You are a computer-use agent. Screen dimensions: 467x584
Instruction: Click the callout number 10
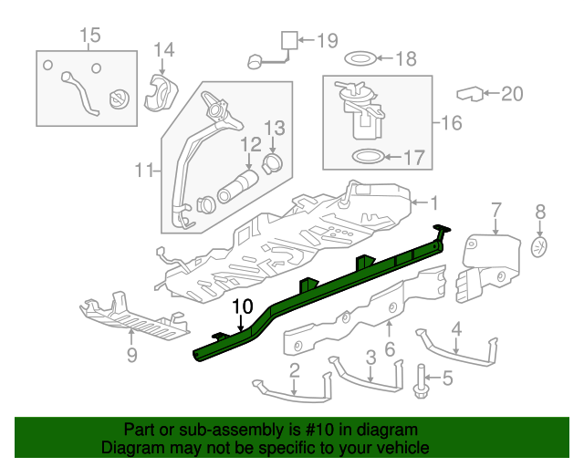pyautogui.click(x=241, y=307)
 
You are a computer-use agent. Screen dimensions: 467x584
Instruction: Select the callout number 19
pyautogui.click(x=328, y=40)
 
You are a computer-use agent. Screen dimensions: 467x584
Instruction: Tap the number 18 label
pyautogui.click(x=405, y=60)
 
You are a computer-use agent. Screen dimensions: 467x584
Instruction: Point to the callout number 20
pyautogui.click(x=513, y=93)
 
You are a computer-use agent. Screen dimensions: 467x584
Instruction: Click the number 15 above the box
pyautogui.click(x=89, y=36)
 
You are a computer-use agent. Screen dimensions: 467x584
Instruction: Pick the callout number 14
pyautogui.click(x=162, y=50)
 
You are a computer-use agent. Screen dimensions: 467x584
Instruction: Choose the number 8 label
pyautogui.click(x=540, y=212)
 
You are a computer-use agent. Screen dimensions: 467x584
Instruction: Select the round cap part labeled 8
pyautogui.click(x=540, y=246)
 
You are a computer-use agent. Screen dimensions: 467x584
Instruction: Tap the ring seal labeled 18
pyautogui.click(x=360, y=60)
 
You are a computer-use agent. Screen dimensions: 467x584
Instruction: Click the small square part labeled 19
pyautogui.click(x=288, y=39)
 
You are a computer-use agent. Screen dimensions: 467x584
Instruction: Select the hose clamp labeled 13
pyautogui.click(x=272, y=163)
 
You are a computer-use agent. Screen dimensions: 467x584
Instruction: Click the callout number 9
pyautogui.click(x=131, y=355)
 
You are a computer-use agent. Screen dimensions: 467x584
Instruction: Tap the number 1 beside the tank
pyautogui.click(x=434, y=202)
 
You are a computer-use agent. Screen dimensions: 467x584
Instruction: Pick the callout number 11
pyautogui.click(x=143, y=169)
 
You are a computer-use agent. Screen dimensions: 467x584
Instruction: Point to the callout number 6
pyautogui.click(x=390, y=349)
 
